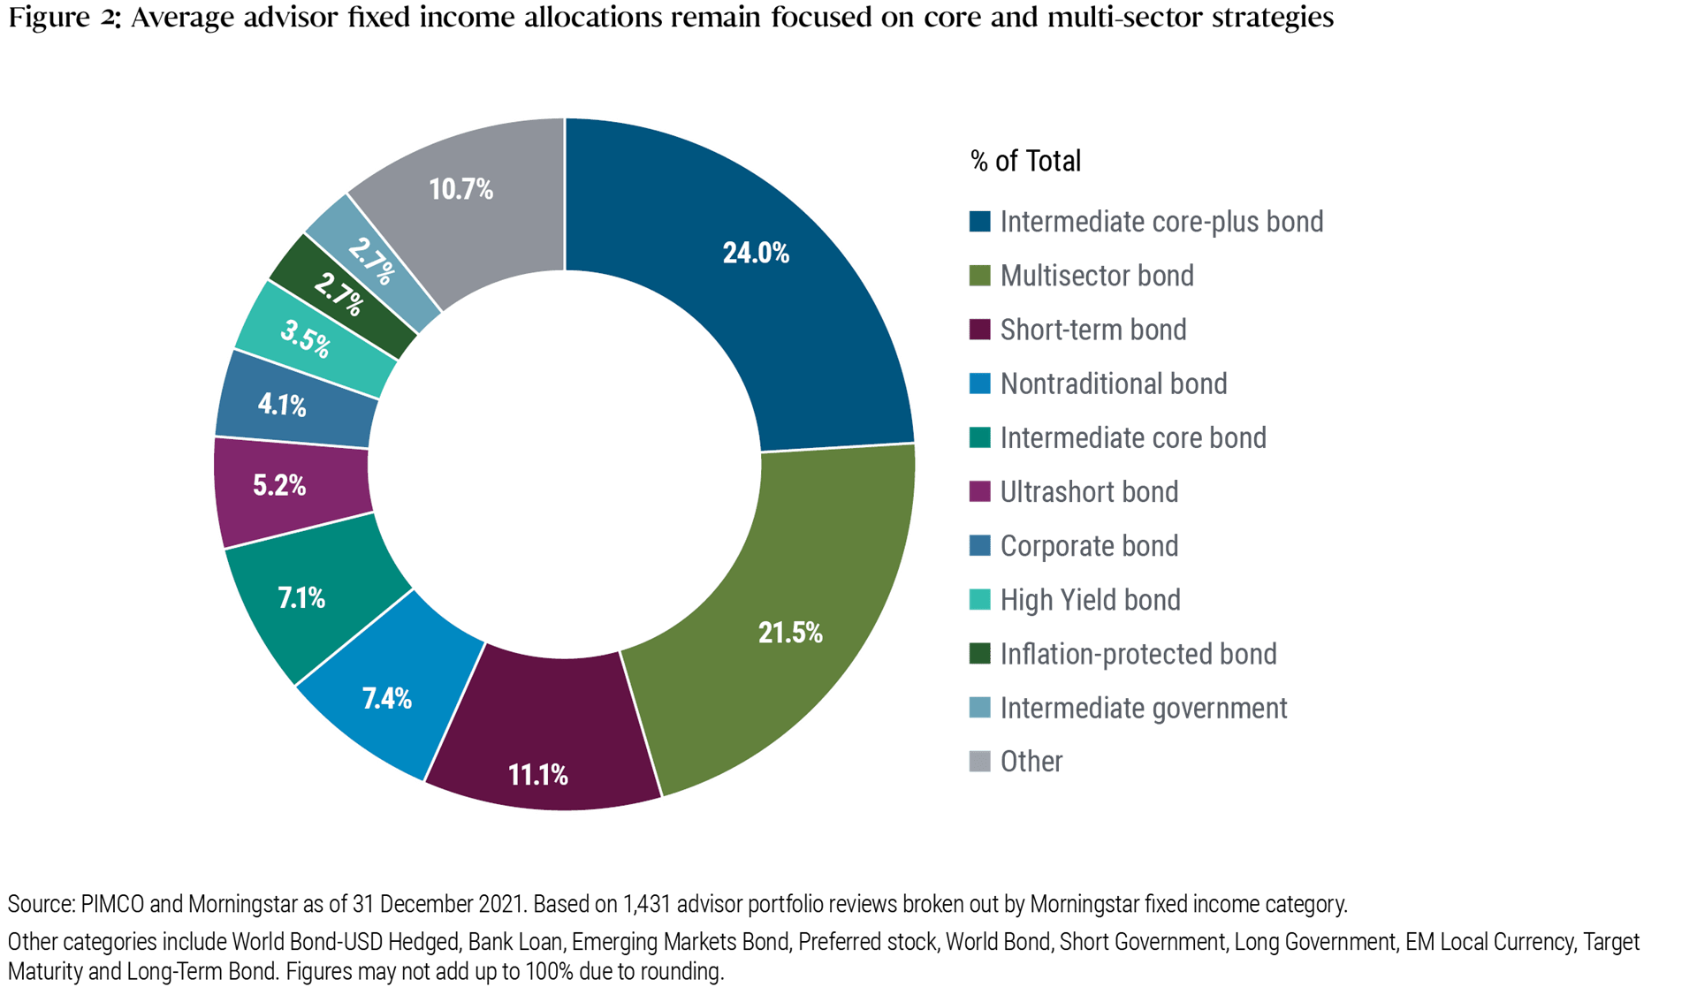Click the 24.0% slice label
pos(756,254)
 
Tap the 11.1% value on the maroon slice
pos(537,775)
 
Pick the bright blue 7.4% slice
pos(387,699)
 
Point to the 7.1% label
pos(301,598)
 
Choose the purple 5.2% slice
pos(279,485)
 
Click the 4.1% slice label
pos(282,405)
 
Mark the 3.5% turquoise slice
pos(305,338)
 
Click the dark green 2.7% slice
pos(339,294)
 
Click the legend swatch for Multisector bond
pos(979,276)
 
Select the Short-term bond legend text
pos(1092,330)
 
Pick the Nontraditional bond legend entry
pos(1113,383)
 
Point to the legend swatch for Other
pos(979,761)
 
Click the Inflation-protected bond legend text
pos(1138,654)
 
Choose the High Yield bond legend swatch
pos(979,600)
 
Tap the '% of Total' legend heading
pos(1025,161)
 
